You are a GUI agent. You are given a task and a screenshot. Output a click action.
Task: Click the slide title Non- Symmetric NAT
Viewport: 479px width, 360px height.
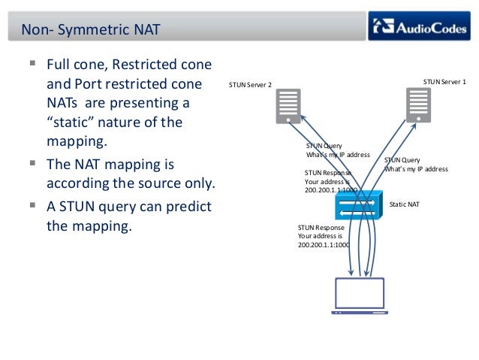point(90,30)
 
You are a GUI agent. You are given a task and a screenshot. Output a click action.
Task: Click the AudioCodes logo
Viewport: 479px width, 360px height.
point(420,29)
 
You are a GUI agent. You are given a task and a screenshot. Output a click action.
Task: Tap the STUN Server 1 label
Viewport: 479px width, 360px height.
point(444,80)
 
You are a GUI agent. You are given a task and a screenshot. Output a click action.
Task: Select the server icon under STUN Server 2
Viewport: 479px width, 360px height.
point(288,106)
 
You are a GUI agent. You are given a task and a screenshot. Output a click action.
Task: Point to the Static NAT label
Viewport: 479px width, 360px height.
point(405,204)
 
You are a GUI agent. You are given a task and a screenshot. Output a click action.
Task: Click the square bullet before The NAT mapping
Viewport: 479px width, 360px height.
point(33,163)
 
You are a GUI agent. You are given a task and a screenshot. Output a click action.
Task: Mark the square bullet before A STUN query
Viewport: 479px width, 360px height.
point(33,205)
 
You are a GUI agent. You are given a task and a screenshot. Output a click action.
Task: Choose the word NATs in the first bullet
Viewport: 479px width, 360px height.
point(62,101)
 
